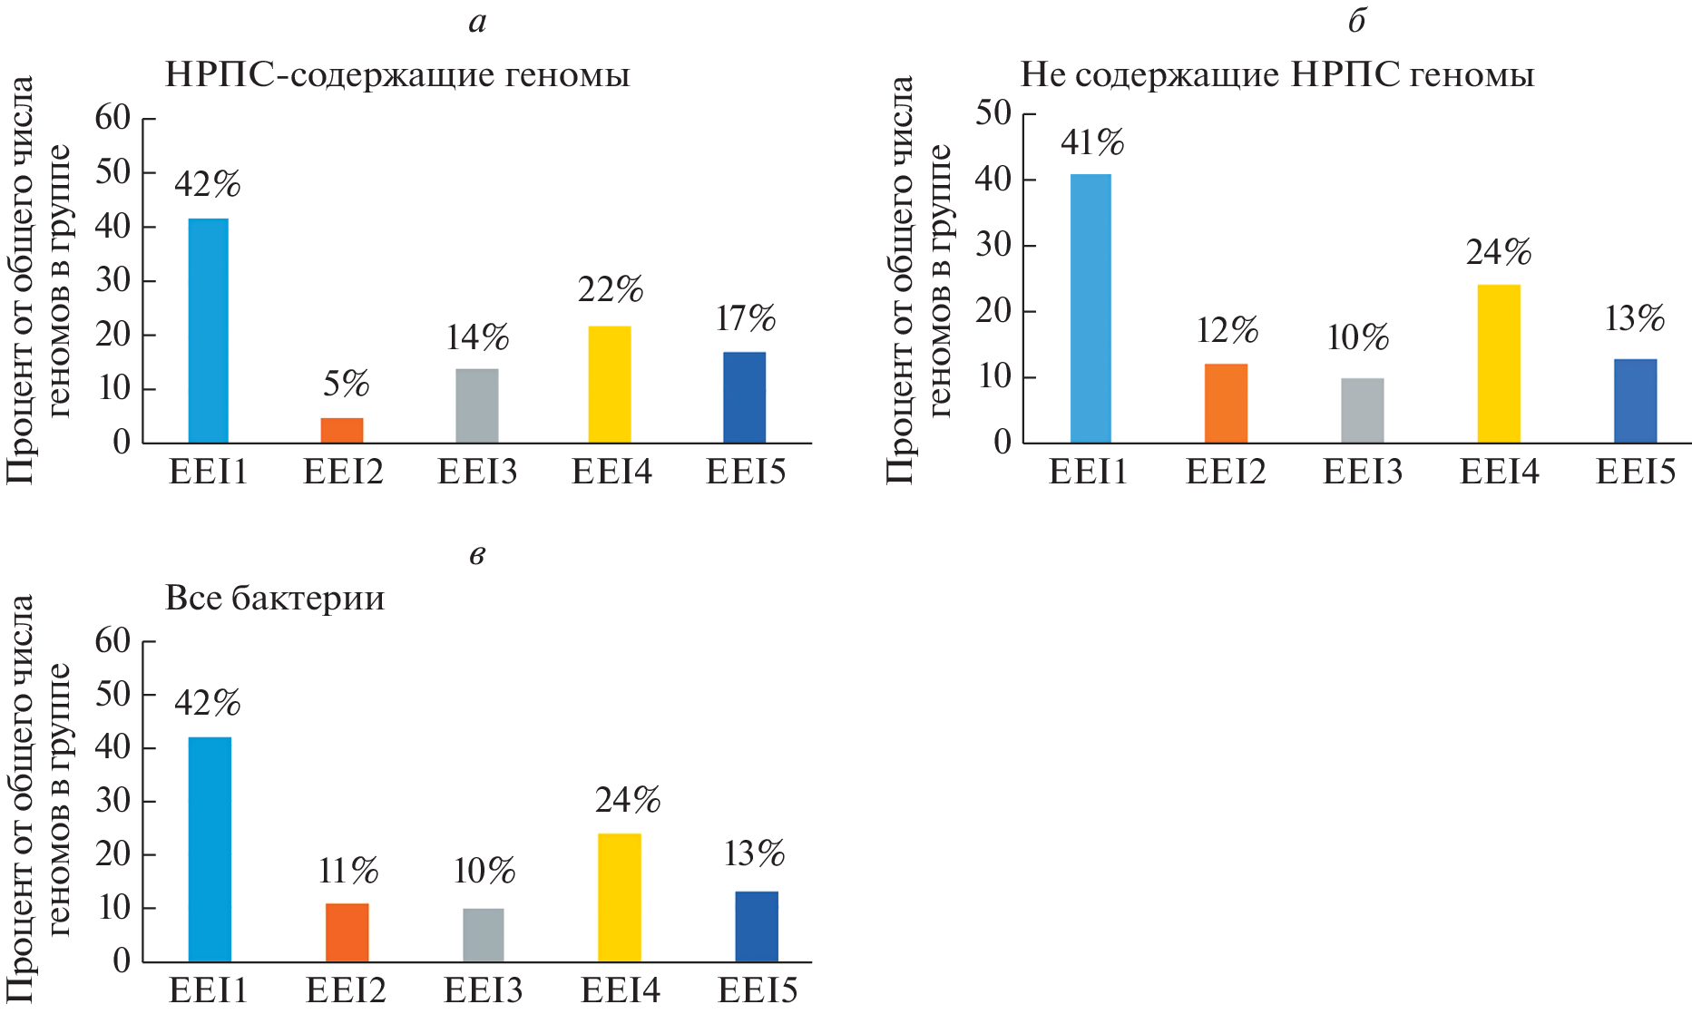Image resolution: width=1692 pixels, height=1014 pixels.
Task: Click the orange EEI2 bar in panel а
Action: (x=342, y=430)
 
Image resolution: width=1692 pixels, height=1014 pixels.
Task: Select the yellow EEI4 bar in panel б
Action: (x=1499, y=364)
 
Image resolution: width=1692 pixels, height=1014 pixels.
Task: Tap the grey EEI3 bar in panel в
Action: (x=483, y=934)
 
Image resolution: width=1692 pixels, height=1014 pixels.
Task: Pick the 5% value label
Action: (x=346, y=385)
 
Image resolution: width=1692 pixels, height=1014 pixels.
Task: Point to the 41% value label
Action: (x=1091, y=143)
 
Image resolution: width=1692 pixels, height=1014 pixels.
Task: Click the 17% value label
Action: (x=745, y=319)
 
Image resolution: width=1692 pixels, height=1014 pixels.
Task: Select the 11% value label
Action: (x=347, y=872)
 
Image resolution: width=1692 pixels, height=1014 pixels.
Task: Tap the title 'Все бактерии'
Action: (x=275, y=599)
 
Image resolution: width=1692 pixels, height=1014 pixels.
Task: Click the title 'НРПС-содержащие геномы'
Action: (x=397, y=74)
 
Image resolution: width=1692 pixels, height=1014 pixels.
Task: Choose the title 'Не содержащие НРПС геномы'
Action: (x=1277, y=74)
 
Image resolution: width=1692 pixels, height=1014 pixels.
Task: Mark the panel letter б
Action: (x=1356, y=20)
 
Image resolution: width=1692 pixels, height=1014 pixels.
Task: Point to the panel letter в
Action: (x=477, y=554)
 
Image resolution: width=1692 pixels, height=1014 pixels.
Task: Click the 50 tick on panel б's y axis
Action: (x=993, y=113)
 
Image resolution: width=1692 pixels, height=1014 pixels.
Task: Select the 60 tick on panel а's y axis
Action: (x=112, y=118)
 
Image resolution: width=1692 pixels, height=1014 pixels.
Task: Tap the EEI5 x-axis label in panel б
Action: (x=1635, y=473)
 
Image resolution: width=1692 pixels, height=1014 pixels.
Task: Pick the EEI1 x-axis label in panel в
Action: (x=209, y=990)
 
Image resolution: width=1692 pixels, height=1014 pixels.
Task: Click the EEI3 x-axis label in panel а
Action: (x=477, y=473)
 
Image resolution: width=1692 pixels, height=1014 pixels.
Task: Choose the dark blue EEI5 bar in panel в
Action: (x=757, y=926)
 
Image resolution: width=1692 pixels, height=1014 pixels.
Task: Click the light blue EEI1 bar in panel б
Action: (x=1091, y=308)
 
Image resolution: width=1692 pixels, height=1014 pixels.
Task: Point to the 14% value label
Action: (x=477, y=338)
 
